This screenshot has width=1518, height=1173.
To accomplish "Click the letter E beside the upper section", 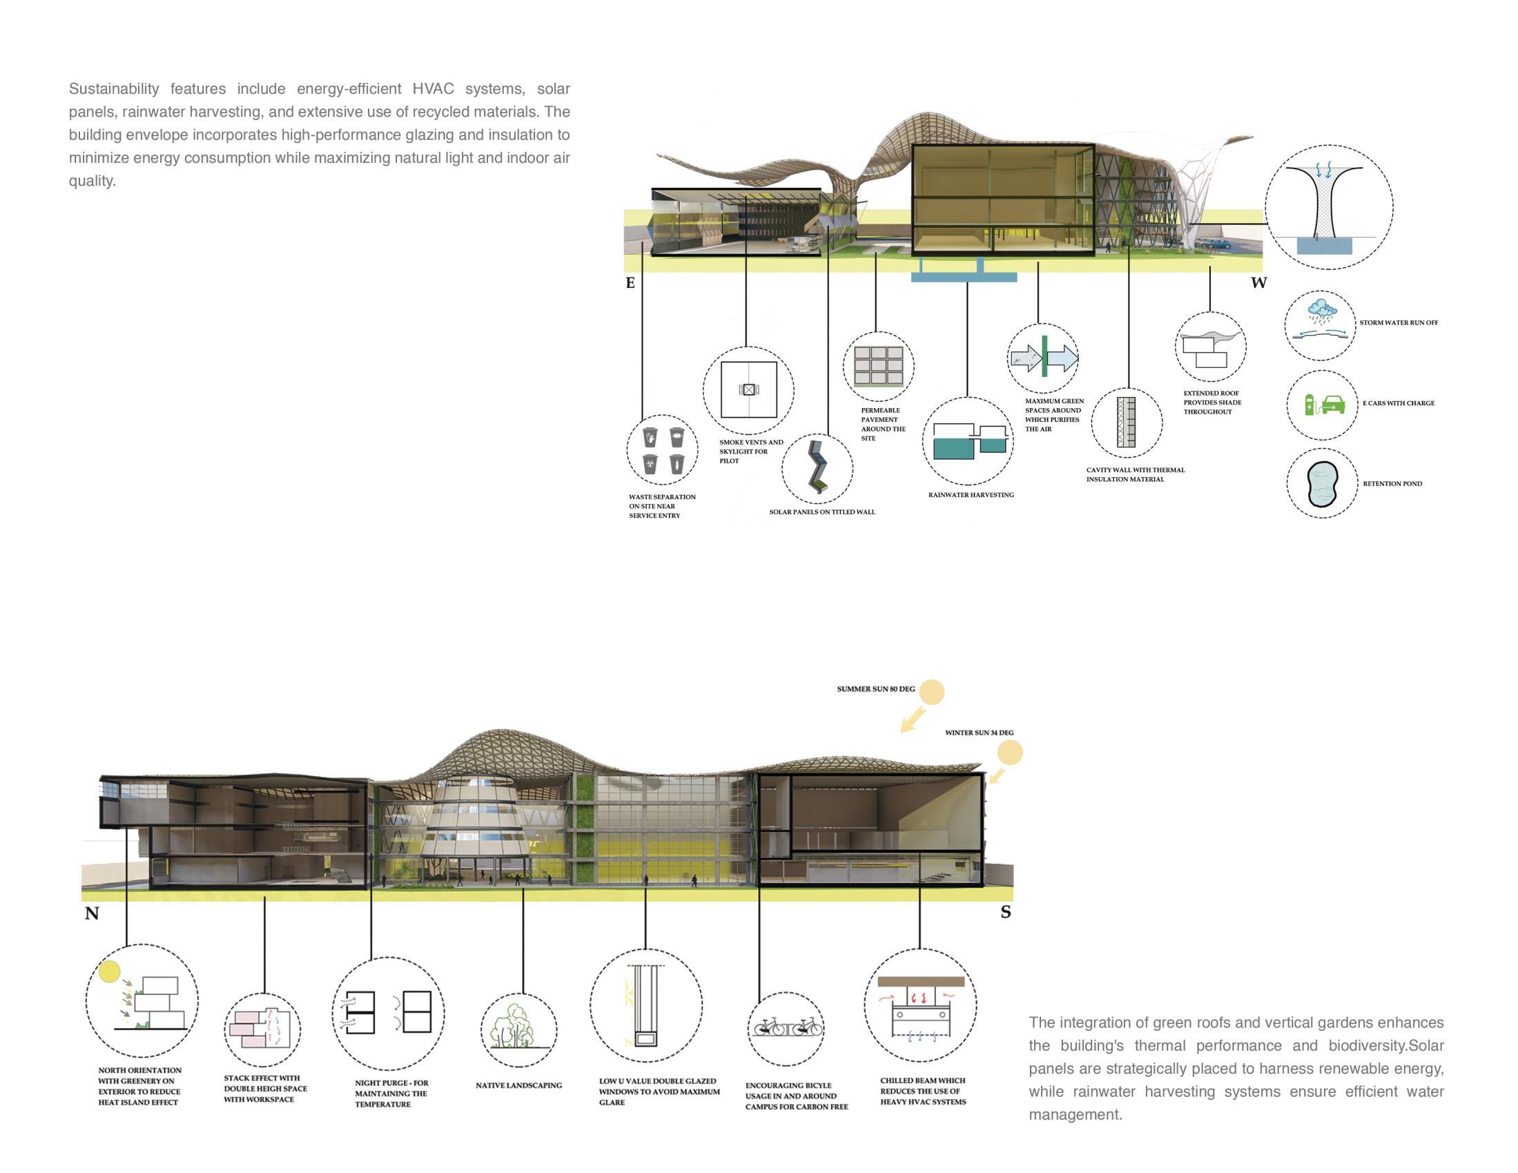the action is tap(630, 283).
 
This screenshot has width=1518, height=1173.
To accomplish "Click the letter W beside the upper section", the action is tap(1258, 283).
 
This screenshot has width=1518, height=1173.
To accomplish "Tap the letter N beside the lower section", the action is tap(92, 913).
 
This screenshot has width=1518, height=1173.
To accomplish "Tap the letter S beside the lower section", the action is tap(1006, 912).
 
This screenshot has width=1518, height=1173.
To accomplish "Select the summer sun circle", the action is tap(931, 692).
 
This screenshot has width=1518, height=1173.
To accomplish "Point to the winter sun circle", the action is tap(1010, 753).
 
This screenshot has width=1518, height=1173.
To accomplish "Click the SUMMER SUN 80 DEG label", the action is tap(876, 689).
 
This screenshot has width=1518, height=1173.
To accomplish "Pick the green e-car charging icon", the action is tap(1325, 404).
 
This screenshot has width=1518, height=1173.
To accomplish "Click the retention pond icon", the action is tap(1321, 483).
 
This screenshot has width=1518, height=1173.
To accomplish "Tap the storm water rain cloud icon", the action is tap(1321, 310).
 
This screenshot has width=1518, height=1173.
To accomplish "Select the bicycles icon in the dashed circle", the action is tap(786, 1028).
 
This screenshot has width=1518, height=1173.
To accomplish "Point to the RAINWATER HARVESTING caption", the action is tap(971, 495).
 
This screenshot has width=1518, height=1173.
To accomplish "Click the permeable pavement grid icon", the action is tap(879, 366).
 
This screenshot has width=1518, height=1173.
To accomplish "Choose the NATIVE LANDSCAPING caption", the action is tap(518, 1085).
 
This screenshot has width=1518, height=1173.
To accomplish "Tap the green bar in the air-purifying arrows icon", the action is tap(1044, 356).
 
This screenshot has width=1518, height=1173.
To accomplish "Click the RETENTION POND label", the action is tap(1392, 484).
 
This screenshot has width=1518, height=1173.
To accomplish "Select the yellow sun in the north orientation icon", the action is tap(109, 971).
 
